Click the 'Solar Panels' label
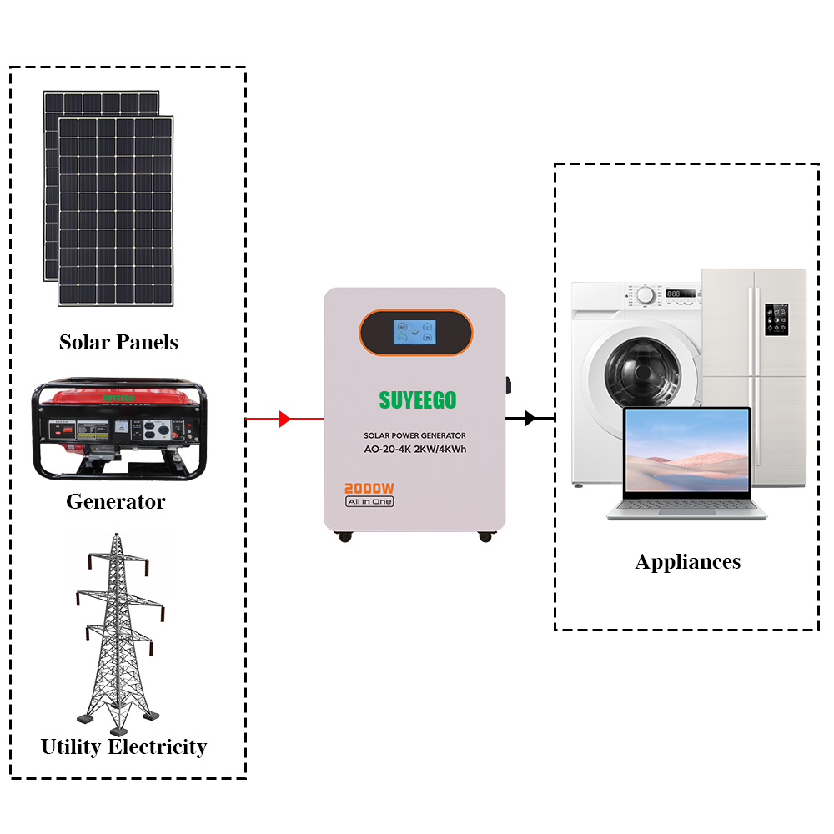pos(118,342)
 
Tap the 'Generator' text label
pos(116,502)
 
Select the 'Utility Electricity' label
pos(123,746)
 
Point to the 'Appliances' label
pos(687,561)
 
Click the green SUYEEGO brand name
pos(418,400)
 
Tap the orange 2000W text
pos(369,488)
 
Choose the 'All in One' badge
pos(369,501)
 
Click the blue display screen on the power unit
pos(415,334)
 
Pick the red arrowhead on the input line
pos(284,419)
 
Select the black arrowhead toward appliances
pos(530,419)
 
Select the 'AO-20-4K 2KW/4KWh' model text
pos(414,450)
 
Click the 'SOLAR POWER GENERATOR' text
pos(414,435)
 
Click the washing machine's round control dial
pos(645,294)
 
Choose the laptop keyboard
pos(686,506)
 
